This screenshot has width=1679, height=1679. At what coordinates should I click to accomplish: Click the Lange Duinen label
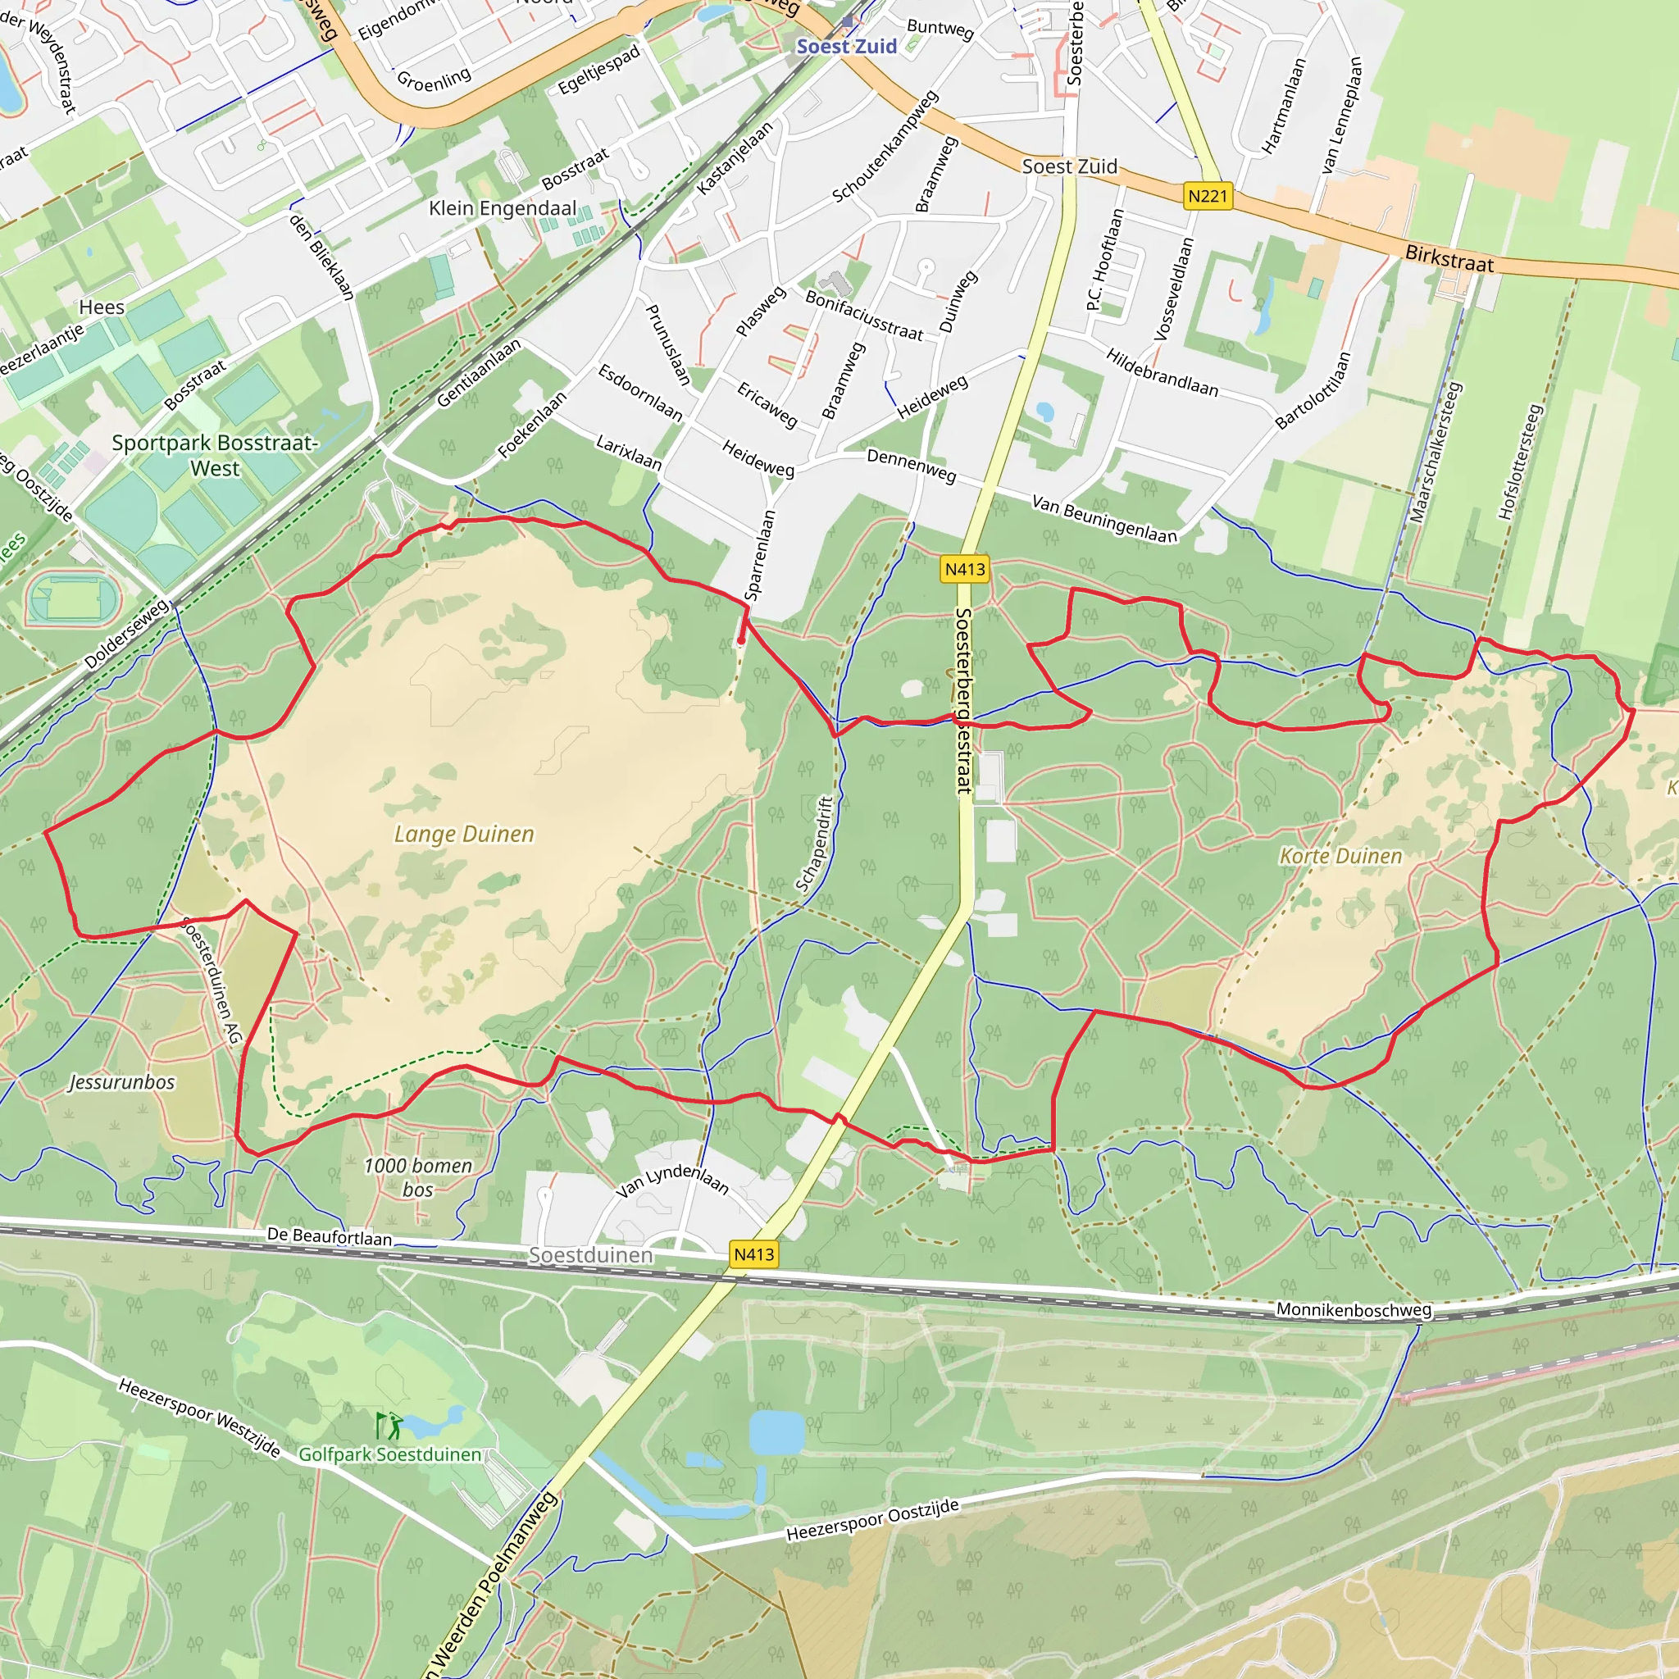pos(464,835)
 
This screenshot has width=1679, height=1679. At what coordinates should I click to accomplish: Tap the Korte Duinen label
pos(1340,856)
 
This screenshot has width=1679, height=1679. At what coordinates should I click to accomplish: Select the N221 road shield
pos(1207,197)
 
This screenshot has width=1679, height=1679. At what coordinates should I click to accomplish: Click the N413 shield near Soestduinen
pos(753,1254)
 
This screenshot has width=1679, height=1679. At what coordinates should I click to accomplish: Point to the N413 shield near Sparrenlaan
pos(965,569)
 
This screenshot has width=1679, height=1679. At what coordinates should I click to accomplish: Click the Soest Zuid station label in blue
pos(845,46)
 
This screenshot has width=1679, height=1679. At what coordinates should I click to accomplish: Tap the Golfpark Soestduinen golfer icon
pos(389,1424)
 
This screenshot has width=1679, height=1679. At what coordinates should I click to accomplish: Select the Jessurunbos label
pos(121,1082)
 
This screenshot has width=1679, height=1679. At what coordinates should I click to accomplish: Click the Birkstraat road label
pos(1449,258)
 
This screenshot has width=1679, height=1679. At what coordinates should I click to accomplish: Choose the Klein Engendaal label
pos(503,208)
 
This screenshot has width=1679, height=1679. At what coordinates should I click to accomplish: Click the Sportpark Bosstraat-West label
pos(215,455)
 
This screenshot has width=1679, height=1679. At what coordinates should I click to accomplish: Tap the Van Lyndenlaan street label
pos(671,1179)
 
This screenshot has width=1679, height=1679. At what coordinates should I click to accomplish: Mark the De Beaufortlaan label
pos(330,1235)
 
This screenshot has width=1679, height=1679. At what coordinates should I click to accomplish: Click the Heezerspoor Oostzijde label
pos(872,1520)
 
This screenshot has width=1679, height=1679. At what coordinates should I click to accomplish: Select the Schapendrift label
pos(814,844)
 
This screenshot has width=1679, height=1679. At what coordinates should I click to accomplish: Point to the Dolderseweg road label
pos(127,634)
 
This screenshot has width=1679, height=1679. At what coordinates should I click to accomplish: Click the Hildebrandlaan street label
pos(1161,372)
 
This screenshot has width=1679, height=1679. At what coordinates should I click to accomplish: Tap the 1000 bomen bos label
pos(418,1177)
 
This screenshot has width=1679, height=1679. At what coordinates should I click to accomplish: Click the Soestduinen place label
pos(590,1255)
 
